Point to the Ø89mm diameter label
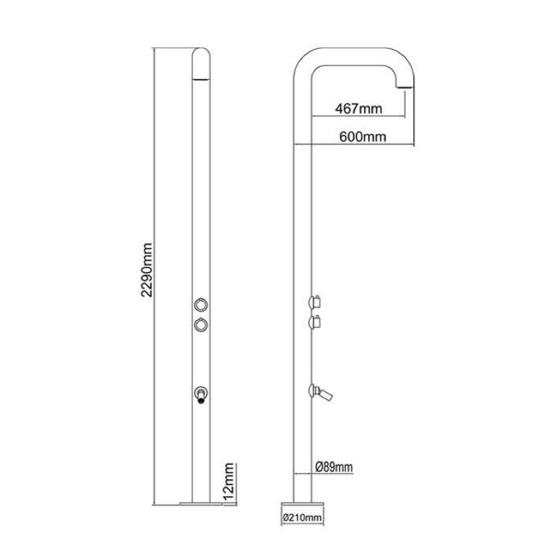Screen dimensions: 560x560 334,467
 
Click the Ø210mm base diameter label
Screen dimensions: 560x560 302,517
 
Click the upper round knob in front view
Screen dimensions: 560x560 200,304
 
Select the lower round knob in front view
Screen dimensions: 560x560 200,324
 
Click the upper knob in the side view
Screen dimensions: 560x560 316,302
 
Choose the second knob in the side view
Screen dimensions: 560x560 316,322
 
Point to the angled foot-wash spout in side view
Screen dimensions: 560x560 323,393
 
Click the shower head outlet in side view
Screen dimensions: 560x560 407,84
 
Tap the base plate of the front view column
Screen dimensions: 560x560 201,500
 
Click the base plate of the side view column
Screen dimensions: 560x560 302,503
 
